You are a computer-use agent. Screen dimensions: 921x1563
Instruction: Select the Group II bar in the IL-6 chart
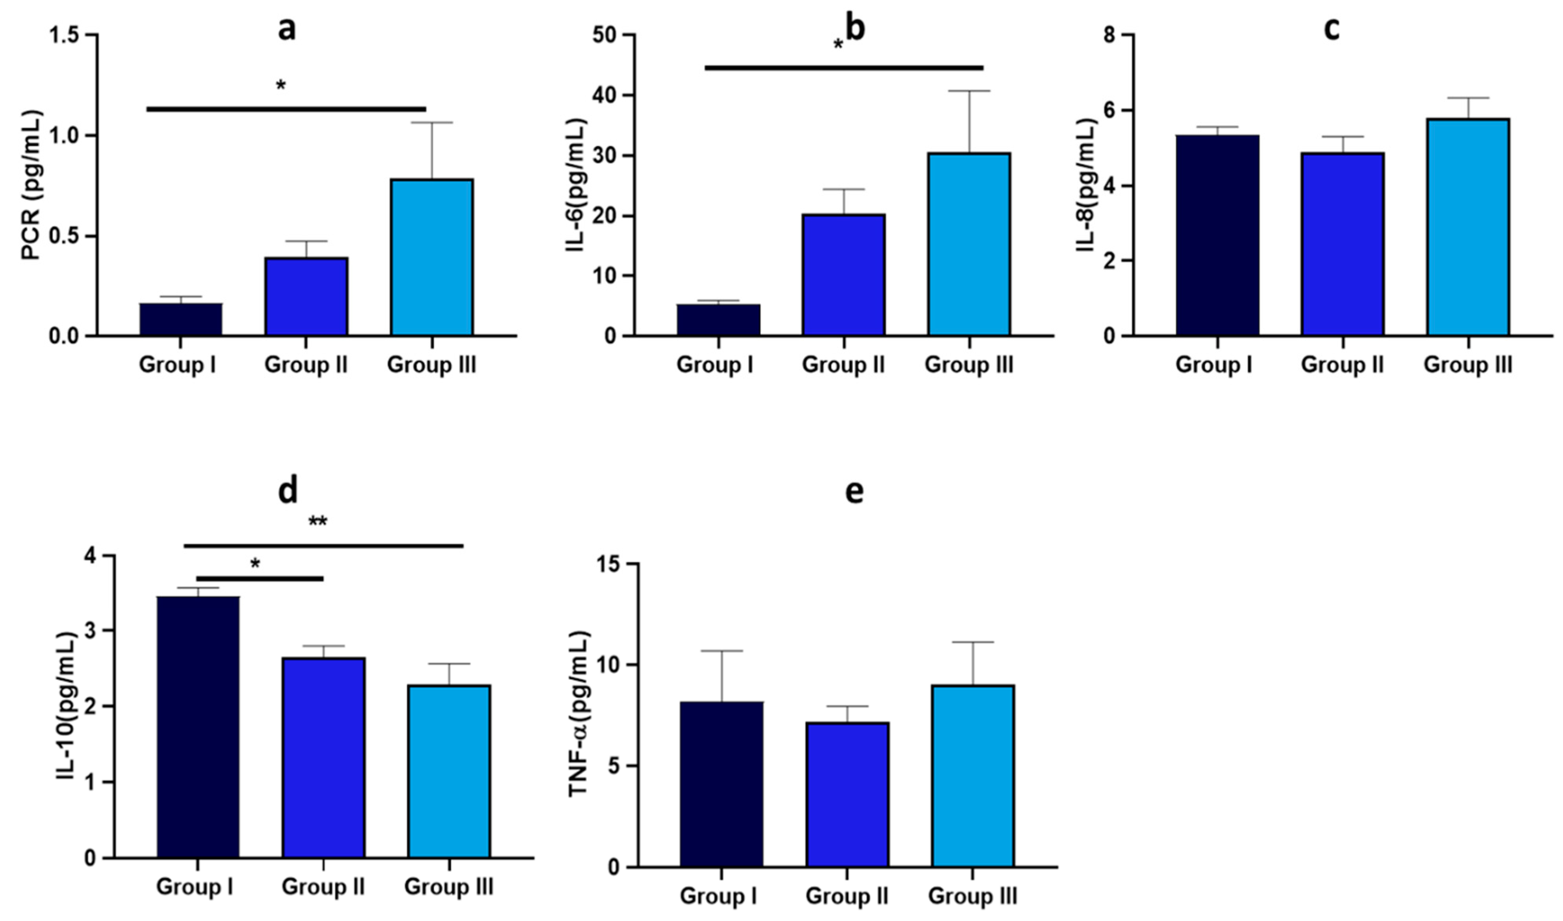(843, 275)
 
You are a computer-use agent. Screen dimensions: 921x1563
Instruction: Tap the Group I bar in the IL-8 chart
(1217, 235)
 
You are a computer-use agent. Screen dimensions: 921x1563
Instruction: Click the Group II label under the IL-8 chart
(1342, 364)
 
